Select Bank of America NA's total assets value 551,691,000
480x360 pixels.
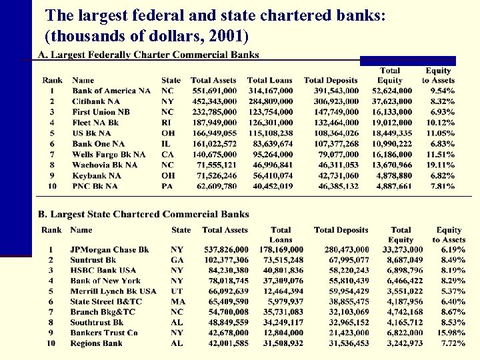213,91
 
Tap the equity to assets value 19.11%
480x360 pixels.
441,165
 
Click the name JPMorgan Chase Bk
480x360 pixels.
109,250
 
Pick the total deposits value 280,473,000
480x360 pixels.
341,250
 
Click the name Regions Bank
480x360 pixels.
96,343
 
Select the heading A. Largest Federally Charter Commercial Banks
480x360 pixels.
148,55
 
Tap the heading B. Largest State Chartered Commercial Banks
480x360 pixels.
143,215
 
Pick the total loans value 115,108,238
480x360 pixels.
270,133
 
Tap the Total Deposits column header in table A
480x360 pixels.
331,81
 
